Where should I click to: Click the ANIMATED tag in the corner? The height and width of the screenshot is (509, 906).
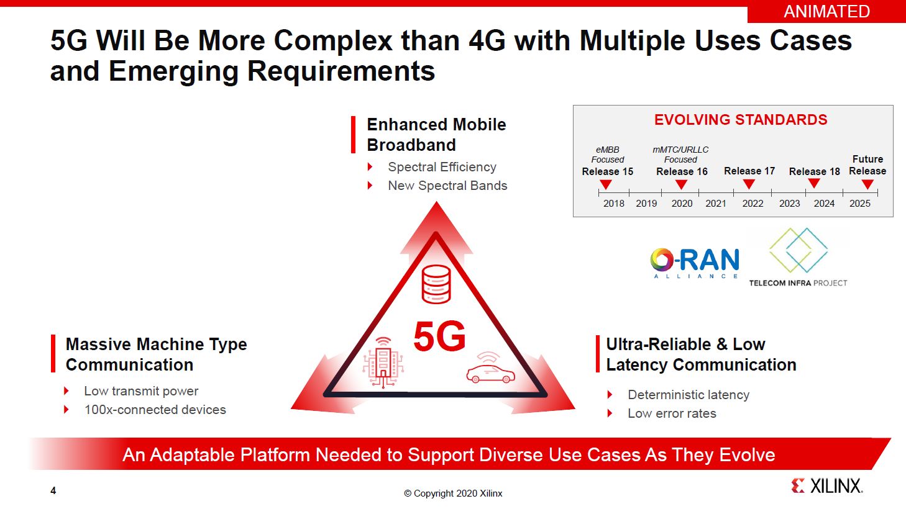(826, 12)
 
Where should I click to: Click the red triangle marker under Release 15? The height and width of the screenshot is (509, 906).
(605, 184)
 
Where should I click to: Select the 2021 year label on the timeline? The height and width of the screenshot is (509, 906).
(715, 204)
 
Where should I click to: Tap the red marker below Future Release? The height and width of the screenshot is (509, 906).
(867, 184)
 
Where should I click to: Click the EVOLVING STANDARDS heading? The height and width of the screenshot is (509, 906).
(741, 120)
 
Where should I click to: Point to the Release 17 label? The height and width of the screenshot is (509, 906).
(749, 171)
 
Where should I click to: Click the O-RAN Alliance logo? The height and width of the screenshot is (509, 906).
(695, 263)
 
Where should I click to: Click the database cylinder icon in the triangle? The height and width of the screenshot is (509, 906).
(436, 284)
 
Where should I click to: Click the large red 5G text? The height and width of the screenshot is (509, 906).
(439, 336)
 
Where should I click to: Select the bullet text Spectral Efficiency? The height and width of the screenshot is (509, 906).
(442, 167)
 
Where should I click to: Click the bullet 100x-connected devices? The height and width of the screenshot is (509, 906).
(155, 410)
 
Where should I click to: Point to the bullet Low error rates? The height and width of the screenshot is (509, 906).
(672, 413)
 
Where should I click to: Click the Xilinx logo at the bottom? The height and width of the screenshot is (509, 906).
(827, 485)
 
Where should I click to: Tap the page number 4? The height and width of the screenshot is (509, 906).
(53, 490)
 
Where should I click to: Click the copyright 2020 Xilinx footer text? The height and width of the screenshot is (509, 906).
(453, 493)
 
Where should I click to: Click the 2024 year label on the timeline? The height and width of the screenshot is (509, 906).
(824, 204)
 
